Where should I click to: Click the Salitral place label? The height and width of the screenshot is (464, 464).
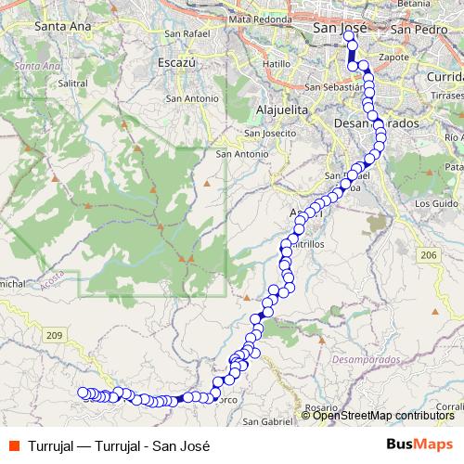point(71,83)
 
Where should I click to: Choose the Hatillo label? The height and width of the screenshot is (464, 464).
point(277,63)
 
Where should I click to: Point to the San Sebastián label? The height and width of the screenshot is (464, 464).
point(331,88)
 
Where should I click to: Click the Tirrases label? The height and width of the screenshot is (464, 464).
point(448,95)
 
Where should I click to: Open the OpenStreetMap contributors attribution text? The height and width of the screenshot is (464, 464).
point(382,416)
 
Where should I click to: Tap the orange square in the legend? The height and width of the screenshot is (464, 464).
point(14,445)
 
